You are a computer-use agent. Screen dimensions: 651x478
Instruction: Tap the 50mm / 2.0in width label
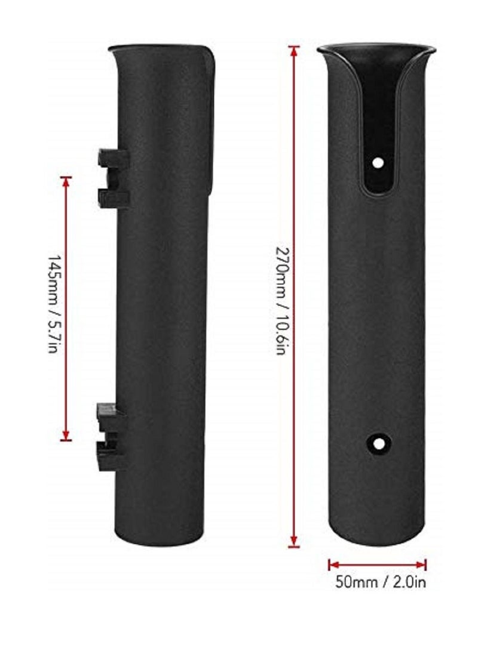click(x=380, y=582)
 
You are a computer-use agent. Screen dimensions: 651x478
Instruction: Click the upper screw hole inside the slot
click(x=377, y=162)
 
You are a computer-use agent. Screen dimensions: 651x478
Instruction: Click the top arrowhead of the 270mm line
click(x=293, y=50)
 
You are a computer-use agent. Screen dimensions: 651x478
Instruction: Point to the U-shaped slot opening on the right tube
click(x=378, y=131)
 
